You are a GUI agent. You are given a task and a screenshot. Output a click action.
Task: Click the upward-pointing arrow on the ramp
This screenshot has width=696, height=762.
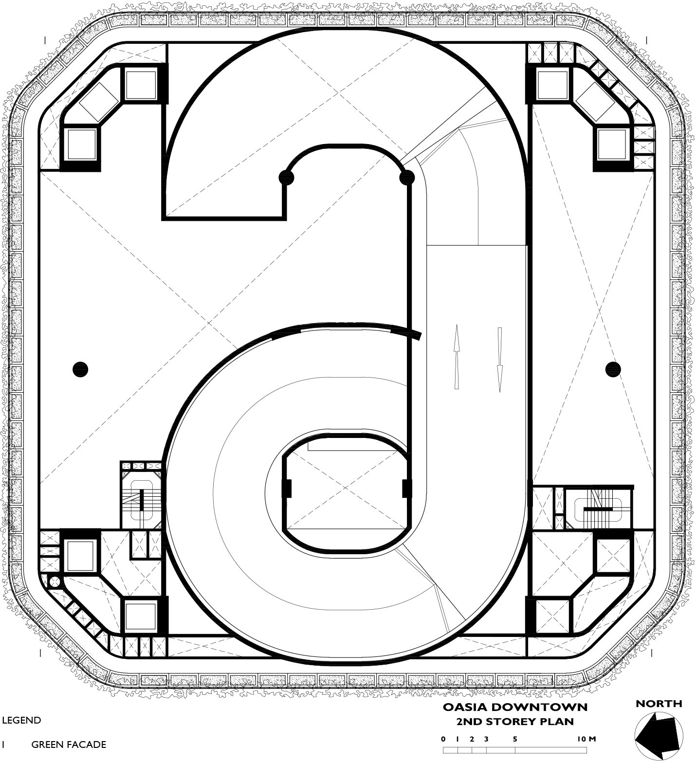[x=457, y=358]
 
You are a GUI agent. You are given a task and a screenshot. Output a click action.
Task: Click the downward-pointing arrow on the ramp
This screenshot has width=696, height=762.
[x=499, y=360]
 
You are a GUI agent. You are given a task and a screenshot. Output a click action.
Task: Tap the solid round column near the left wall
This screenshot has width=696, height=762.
[x=80, y=369]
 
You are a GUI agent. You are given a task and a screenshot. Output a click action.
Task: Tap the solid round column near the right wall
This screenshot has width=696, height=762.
[x=613, y=369]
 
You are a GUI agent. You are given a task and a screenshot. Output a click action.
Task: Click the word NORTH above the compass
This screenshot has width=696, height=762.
[x=659, y=704]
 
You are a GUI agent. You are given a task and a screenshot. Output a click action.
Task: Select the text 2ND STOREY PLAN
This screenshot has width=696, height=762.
[x=515, y=721]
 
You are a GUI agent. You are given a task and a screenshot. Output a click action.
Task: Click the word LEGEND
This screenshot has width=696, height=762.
[x=21, y=721]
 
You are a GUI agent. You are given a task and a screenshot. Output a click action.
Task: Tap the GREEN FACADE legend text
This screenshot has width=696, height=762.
[x=69, y=744]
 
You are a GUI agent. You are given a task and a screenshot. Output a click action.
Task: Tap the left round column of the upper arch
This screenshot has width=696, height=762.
[x=287, y=178]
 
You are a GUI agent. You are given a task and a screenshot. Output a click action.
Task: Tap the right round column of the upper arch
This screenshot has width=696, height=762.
[x=407, y=178]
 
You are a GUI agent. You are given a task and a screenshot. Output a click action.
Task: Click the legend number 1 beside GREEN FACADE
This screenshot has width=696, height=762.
[x=3, y=744]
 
